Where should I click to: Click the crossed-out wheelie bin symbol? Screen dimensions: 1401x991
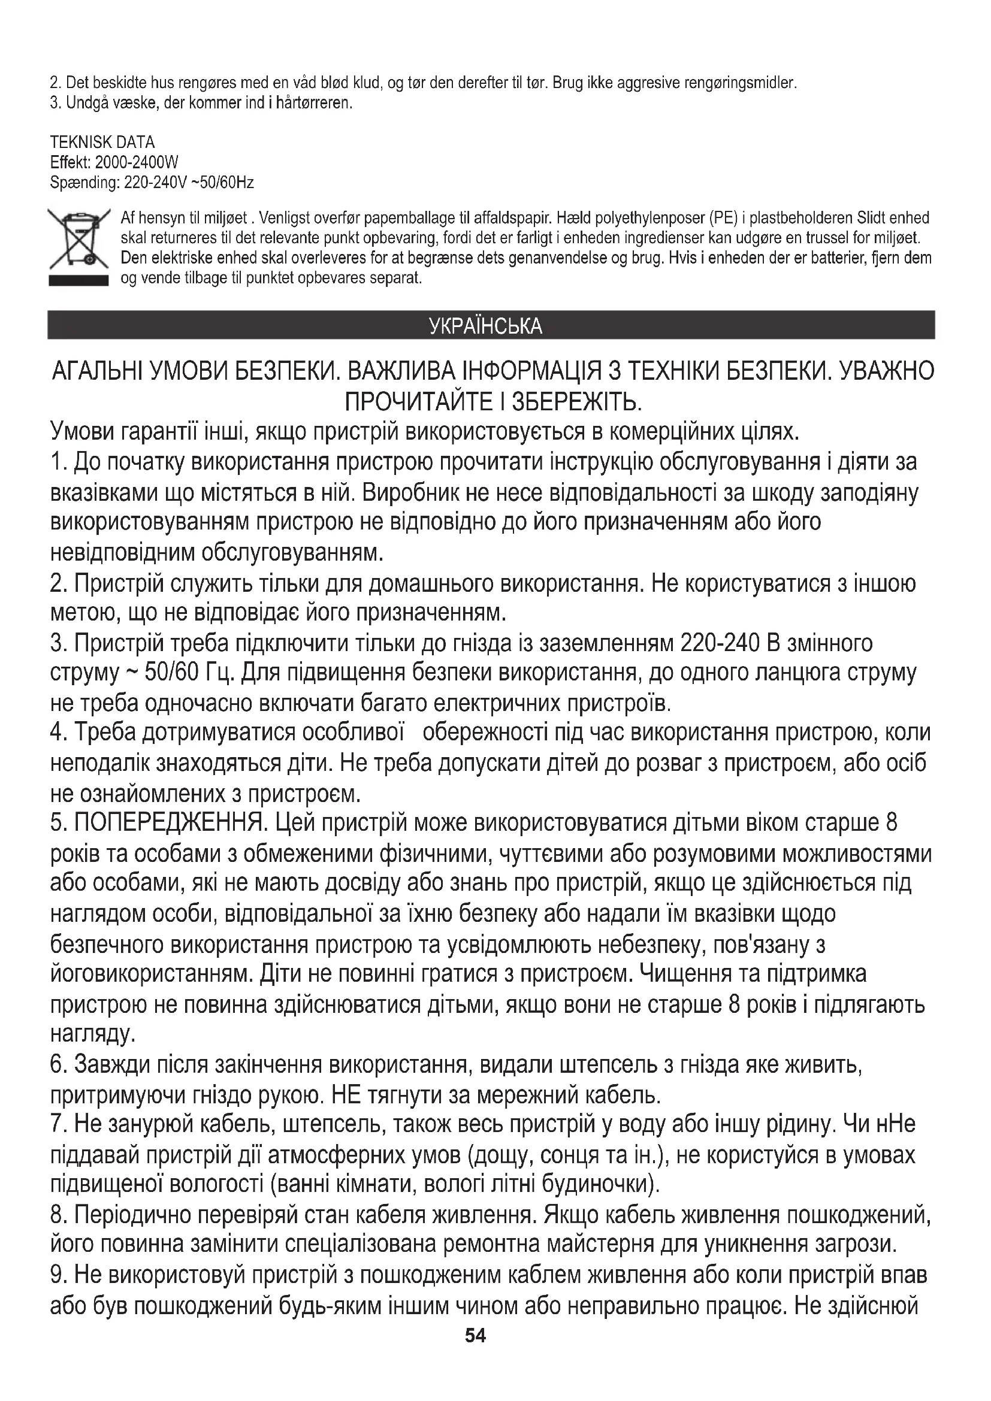pos(78,240)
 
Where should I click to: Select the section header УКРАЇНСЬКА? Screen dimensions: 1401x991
pos(486,326)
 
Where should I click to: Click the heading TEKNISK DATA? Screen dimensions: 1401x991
pos(102,142)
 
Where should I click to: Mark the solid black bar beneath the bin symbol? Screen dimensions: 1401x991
pos(78,281)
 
